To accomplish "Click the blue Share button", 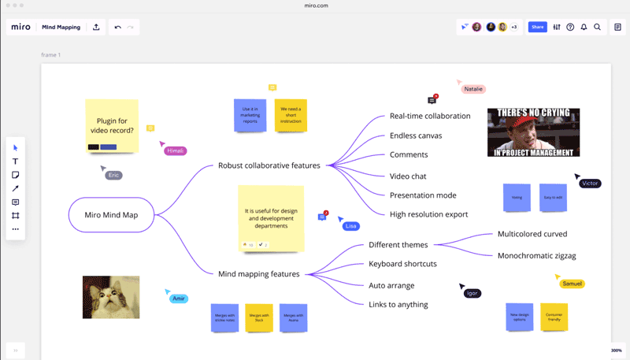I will [537, 27].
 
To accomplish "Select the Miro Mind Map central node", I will [111, 214].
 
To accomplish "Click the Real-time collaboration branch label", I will [430, 116].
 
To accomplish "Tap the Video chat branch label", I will [408, 176].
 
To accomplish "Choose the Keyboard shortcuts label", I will [402, 264].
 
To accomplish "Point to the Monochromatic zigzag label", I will [536, 255].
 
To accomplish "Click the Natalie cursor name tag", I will [473, 89].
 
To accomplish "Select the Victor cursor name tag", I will [590, 184].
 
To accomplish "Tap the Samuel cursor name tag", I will [573, 284].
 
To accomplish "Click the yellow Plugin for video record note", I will [112, 124].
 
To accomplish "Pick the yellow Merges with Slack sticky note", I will [259, 317].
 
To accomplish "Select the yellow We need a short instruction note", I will [291, 114].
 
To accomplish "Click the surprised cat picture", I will [111, 297].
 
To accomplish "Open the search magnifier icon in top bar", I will [597, 27].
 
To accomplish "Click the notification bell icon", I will [584, 27].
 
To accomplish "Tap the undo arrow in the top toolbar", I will [118, 27].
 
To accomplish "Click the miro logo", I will [21, 27].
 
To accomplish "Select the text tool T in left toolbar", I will [15, 161].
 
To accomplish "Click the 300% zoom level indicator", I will [616, 350].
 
